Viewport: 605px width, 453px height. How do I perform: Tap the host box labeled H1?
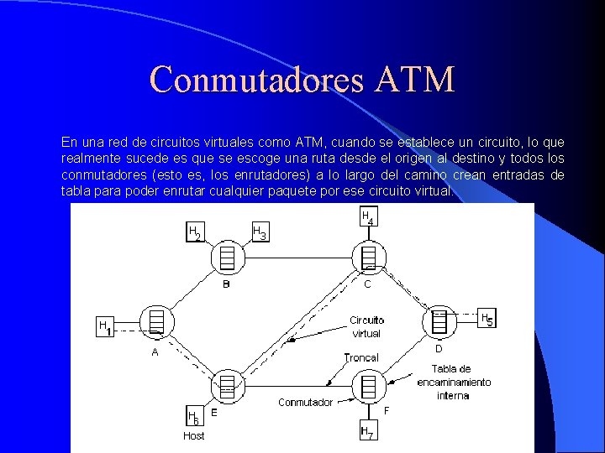pos(105,327)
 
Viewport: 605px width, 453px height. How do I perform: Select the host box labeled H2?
pos(194,232)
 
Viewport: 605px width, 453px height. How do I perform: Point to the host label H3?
pos(260,232)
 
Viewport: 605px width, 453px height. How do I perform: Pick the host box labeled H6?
pos(193,417)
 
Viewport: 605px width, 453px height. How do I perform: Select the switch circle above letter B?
pos(227,256)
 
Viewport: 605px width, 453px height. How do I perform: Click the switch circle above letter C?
pos(367,255)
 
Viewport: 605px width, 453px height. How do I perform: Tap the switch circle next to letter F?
pos(367,386)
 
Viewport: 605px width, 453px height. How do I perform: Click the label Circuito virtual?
pos(366,326)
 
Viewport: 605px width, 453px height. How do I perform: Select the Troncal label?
pos(361,357)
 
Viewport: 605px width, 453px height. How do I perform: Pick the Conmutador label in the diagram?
pos(305,403)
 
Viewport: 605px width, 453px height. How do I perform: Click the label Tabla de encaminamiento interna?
pos(454,382)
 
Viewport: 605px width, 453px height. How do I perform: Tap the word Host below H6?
pos(194,436)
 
